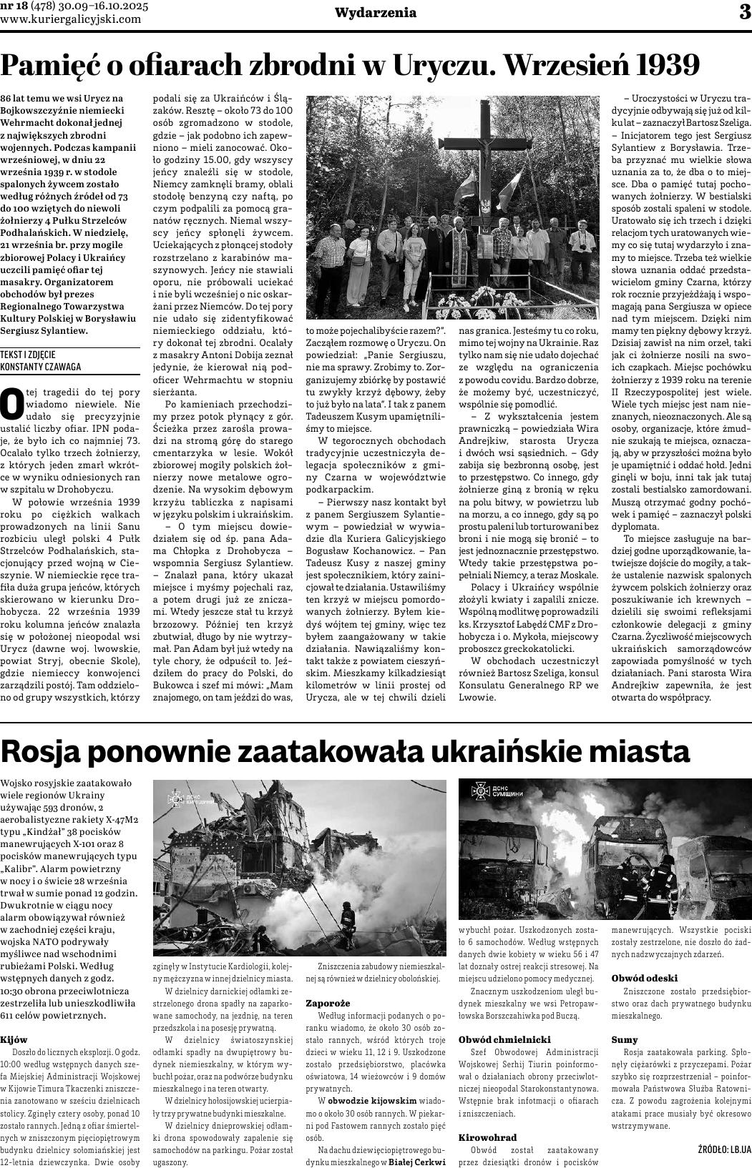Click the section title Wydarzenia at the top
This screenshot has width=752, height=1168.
[376, 13]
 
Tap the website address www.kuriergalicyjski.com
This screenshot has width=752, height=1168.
[71, 19]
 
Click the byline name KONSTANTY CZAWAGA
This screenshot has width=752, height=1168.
[40, 367]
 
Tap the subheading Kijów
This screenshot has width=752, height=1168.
[14, 1039]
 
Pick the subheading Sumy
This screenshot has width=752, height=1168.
[624, 1039]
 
